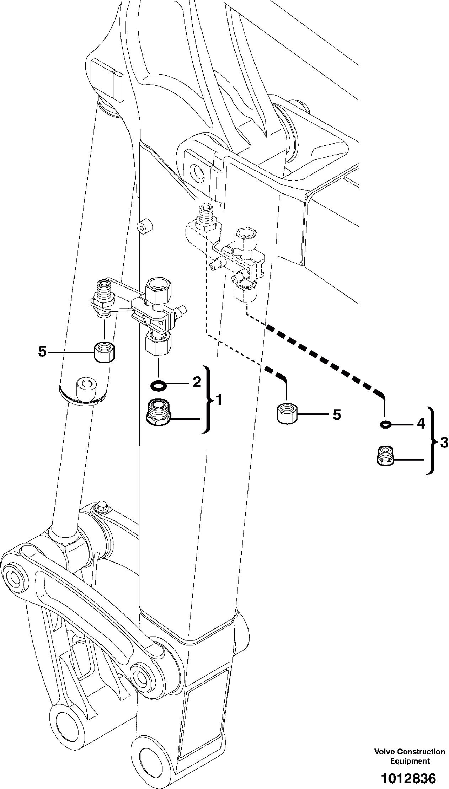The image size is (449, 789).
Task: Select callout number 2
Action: (197, 382)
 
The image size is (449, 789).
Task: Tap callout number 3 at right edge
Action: (444, 443)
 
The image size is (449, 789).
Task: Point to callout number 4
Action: (421, 424)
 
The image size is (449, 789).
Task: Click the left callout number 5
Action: (42, 352)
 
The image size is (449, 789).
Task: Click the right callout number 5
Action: (337, 414)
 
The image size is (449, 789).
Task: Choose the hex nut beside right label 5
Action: (287, 413)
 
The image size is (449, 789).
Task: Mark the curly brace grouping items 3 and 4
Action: (432, 440)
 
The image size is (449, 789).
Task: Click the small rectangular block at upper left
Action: (106, 79)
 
